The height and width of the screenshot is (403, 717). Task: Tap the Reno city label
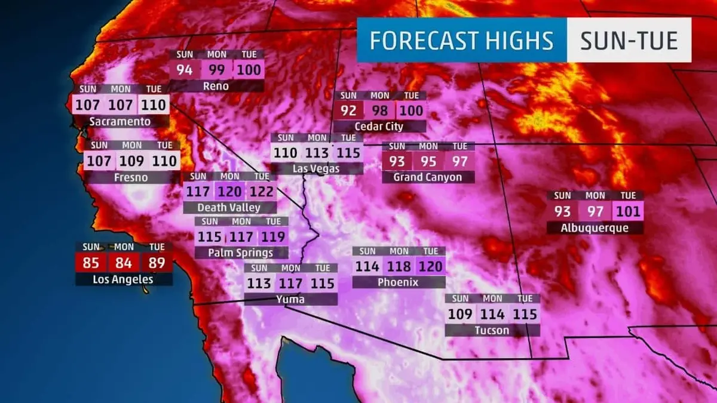pyautogui.click(x=216, y=86)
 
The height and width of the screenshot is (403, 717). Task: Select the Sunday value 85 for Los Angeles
pyautogui.click(x=91, y=262)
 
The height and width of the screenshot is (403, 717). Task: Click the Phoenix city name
pyautogui.click(x=398, y=282)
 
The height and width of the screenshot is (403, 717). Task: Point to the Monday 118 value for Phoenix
pyautogui.click(x=399, y=266)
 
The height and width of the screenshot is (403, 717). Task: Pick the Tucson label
pyautogui.click(x=492, y=330)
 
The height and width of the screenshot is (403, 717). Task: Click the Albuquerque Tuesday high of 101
pyautogui.click(x=627, y=211)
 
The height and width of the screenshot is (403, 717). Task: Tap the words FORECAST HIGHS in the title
pyautogui.click(x=461, y=41)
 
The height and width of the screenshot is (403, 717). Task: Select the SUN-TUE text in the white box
pyautogui.click(x=629, y=41)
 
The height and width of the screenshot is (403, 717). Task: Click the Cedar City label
pyautogui.click(x=379, y=126)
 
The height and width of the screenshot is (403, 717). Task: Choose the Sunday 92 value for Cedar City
pyautogui.click(x=348, y=110)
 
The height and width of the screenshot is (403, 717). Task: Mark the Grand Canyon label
pyautogui.click(x=427, y=177)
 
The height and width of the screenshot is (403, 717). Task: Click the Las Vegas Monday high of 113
pyautogui.click(x=317, y=153)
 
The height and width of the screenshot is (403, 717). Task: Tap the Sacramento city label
pyautogui.click(x=120, y=121)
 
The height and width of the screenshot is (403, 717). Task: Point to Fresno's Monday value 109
pyautogui.click(x=131, y=161)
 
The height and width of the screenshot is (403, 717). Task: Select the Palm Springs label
pyautogui.click(x=241, y=253)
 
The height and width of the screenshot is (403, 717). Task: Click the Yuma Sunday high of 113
pyautogui.click(x=259, y=284)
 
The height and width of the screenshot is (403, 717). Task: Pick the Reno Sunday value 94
pyautogui.click(x=185, y=70)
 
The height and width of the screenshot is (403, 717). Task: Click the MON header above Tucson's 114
pyautogui.click(x=493, y=299)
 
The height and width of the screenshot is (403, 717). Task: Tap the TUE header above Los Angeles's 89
pyautogui.click(x=157, y=247)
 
